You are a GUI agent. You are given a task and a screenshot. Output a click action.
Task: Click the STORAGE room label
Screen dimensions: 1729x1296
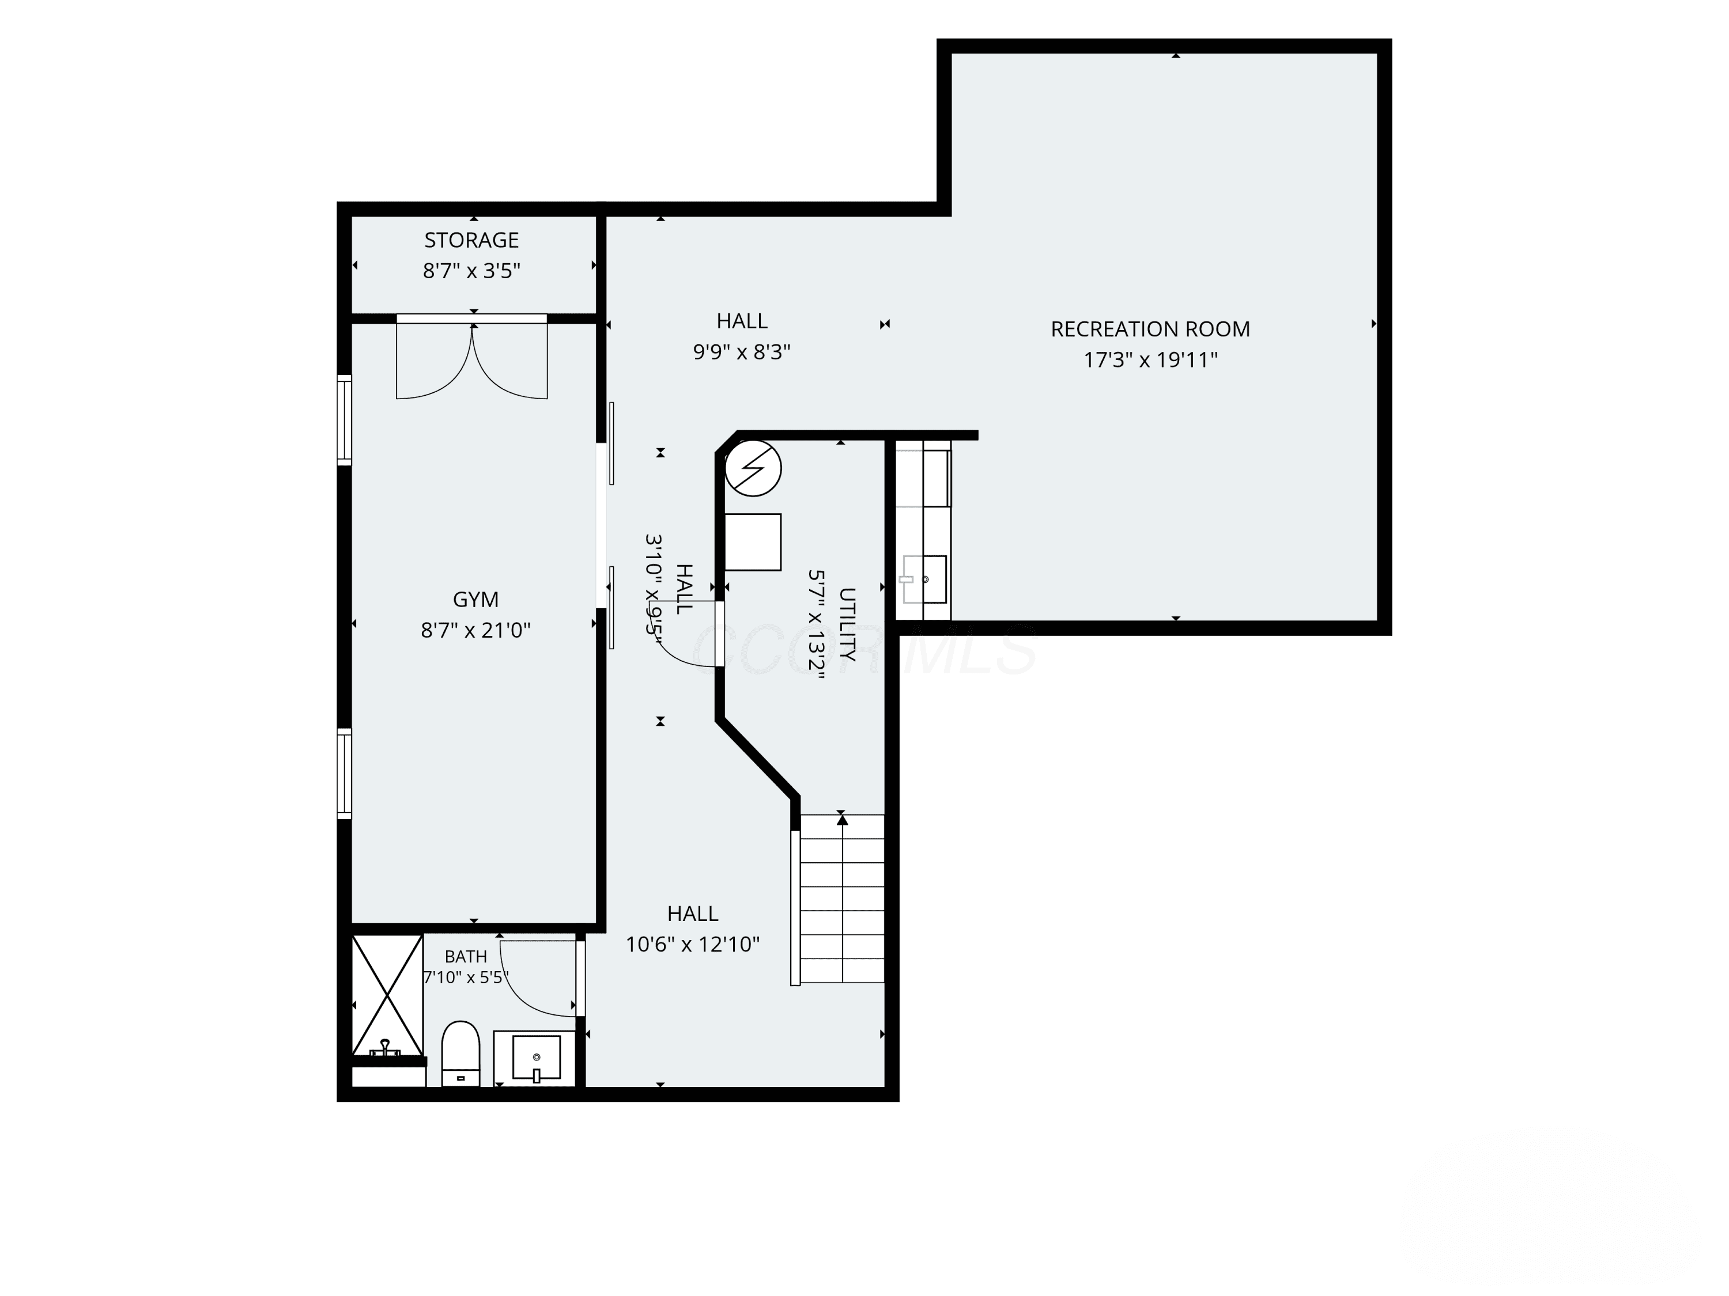pos(471,240)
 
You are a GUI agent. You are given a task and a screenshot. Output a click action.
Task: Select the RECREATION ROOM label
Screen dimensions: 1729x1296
pos(1150,329)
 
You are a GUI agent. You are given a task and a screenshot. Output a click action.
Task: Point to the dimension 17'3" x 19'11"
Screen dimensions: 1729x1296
pos(1150,360)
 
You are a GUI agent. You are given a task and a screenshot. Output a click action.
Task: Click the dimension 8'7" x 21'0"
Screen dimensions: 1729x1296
pos(475,630)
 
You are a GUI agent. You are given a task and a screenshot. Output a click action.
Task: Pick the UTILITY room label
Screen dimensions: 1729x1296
pos(847,624)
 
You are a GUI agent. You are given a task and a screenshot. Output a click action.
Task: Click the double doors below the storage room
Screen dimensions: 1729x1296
pos(472,357)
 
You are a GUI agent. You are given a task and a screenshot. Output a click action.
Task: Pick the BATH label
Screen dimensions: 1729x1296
pos(466,956)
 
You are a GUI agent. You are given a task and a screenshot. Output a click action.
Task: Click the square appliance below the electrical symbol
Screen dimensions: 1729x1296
pos(753,542)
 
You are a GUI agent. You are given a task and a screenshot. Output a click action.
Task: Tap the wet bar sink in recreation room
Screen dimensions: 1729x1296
pos(924,579)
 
